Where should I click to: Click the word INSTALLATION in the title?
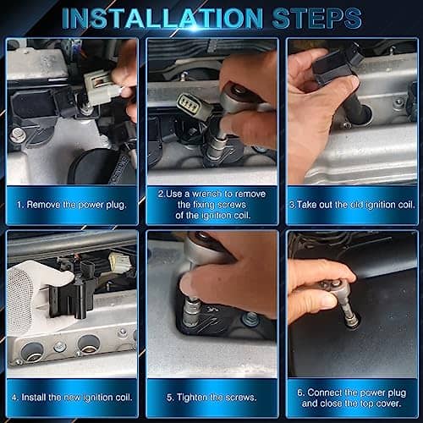point(162,19)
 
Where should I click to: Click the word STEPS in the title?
point(317,19)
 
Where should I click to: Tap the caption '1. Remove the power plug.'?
point(71,205)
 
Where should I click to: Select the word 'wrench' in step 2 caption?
point(207,194)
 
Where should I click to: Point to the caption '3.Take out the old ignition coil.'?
point(352,205)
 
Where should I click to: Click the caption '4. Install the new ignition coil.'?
point(72,398)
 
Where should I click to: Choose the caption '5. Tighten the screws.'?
point(211,398)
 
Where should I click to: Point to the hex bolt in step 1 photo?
point(18,135)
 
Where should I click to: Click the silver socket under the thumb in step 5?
point(191,311)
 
